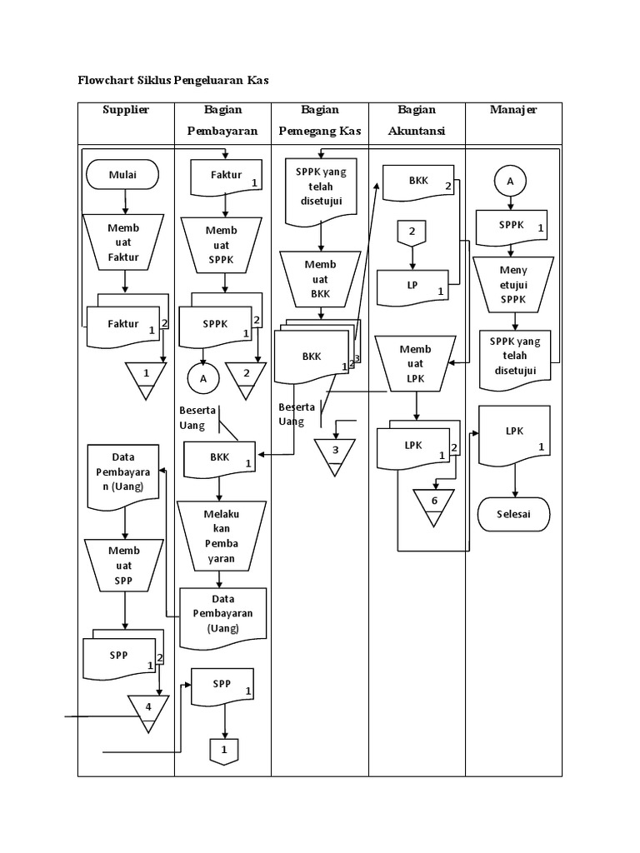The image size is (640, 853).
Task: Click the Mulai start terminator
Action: click(x=123, y=175)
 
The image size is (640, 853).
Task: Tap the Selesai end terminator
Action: click(x=515, y=514)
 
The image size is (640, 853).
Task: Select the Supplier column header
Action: click(x=126, y=110)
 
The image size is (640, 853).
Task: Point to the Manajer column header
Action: click(x=513, y=110)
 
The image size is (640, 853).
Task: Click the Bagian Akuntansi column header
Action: click(x=417, y=120)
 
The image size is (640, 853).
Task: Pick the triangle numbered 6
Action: click(x=434, y=505)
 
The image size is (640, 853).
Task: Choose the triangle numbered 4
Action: click(x=147, y=711)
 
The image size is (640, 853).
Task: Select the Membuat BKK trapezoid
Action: click(x=320, y=278)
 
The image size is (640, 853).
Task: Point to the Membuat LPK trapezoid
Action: click(x=415, y=362)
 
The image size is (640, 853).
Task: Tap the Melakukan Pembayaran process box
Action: click(x=222, y=536)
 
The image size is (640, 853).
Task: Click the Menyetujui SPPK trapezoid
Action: click(x=513, y=283)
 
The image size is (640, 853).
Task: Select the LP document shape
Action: click(x=414, y=287)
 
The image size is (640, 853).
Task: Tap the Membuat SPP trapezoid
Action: click(x=124, y=564)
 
